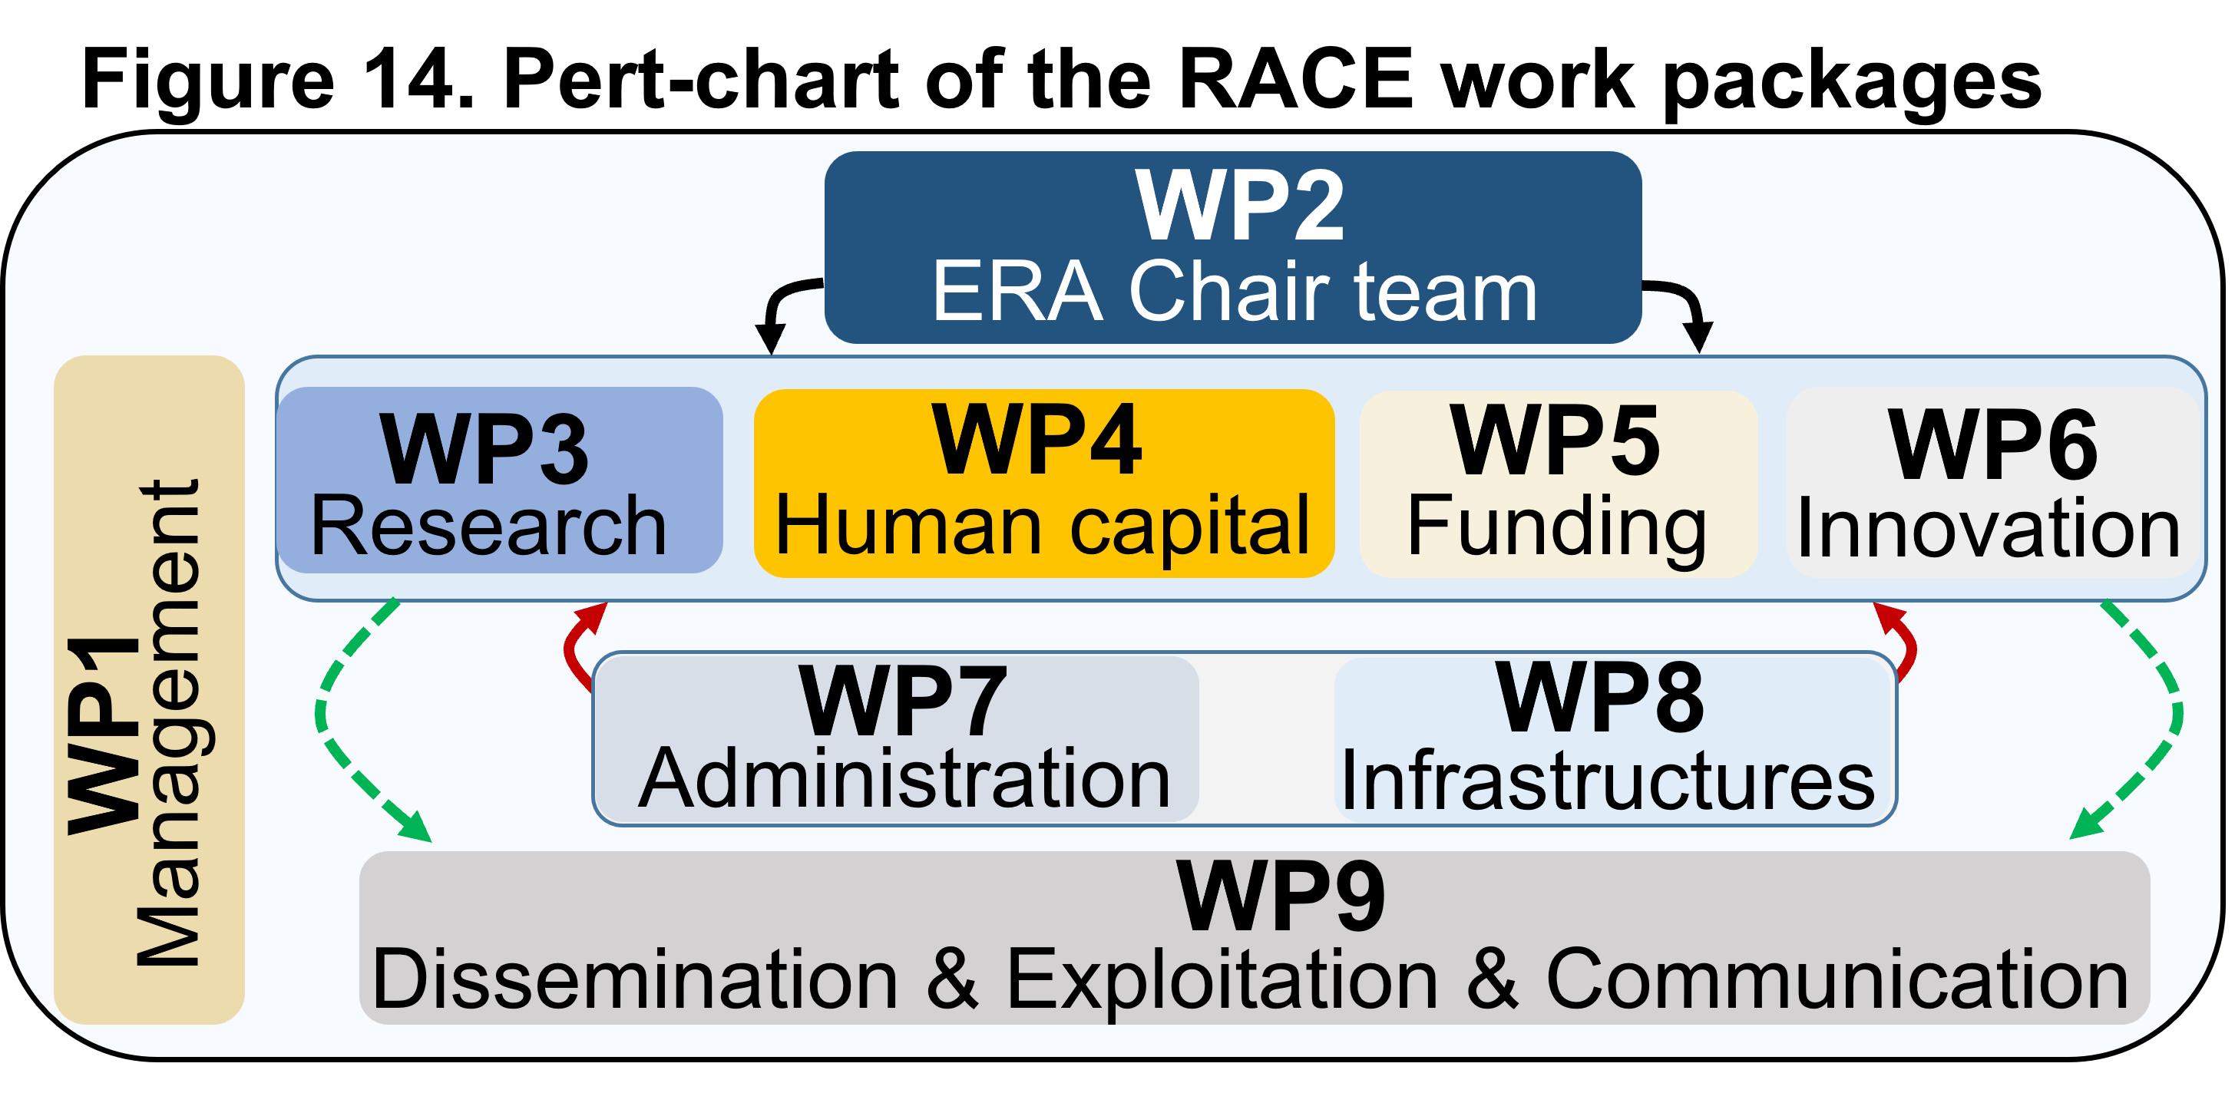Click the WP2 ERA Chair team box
pyautogui.click(x=1232, y=247)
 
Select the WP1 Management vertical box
pyautogui.click(x=149, y=689)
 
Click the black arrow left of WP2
pyautogui.click(x=781, y=308)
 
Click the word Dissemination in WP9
pyautogui.click(x=634, y=979)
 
